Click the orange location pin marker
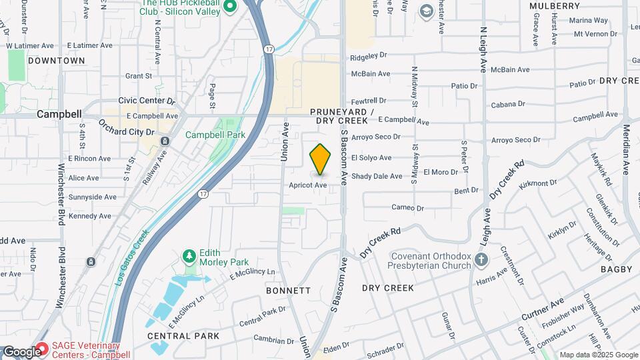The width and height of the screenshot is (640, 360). pyautogui.click(x=321, y=159)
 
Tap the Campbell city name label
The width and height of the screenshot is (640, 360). pyautogui.click(x=59, y=114)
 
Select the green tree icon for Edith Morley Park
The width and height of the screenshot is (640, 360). pyautogui.click(x=189, y=255)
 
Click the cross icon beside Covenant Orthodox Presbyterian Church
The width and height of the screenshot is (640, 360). pyautogui.click(x=483, y=260)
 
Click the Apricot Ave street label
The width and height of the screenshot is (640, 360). pyautogui.click(x=307, y=185)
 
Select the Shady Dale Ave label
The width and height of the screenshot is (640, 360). pyautogui.click(x=377, y=176)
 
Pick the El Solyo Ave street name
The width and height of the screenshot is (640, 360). pyautogui.click(x=371, y=158)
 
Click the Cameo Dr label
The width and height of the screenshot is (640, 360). pyautogui.click(x=407, y=207)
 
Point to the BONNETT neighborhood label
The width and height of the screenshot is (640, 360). pyautogui.click(x=288, y=291)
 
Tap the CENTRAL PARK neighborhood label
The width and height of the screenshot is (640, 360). pyautogui.click(x=183, y=335)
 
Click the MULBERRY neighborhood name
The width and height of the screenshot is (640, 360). pyautogui.click(x=555, y=6)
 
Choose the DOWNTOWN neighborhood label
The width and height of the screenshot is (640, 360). pyautogui.click(x=57, y=61)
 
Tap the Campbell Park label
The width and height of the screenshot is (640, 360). pyautogui.click(x=215, y=135)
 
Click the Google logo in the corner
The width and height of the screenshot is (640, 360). pyautogui.click(x=21, y=351)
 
